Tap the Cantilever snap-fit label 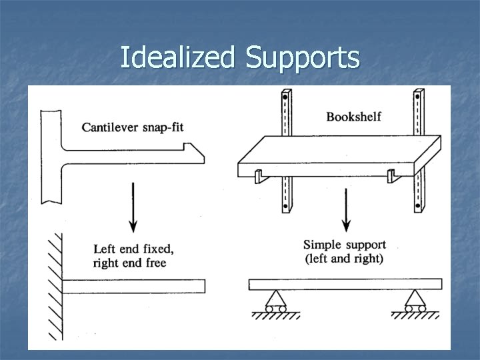coord(132,127)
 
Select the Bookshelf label coord(353,117)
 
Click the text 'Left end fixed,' coord(134,249)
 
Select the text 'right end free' coord(130,263)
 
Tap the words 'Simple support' coord(345,245)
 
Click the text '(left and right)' coord(344,258)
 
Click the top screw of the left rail coord(285,97)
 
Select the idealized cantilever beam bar coord(133,286)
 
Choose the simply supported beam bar coord(345,285)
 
